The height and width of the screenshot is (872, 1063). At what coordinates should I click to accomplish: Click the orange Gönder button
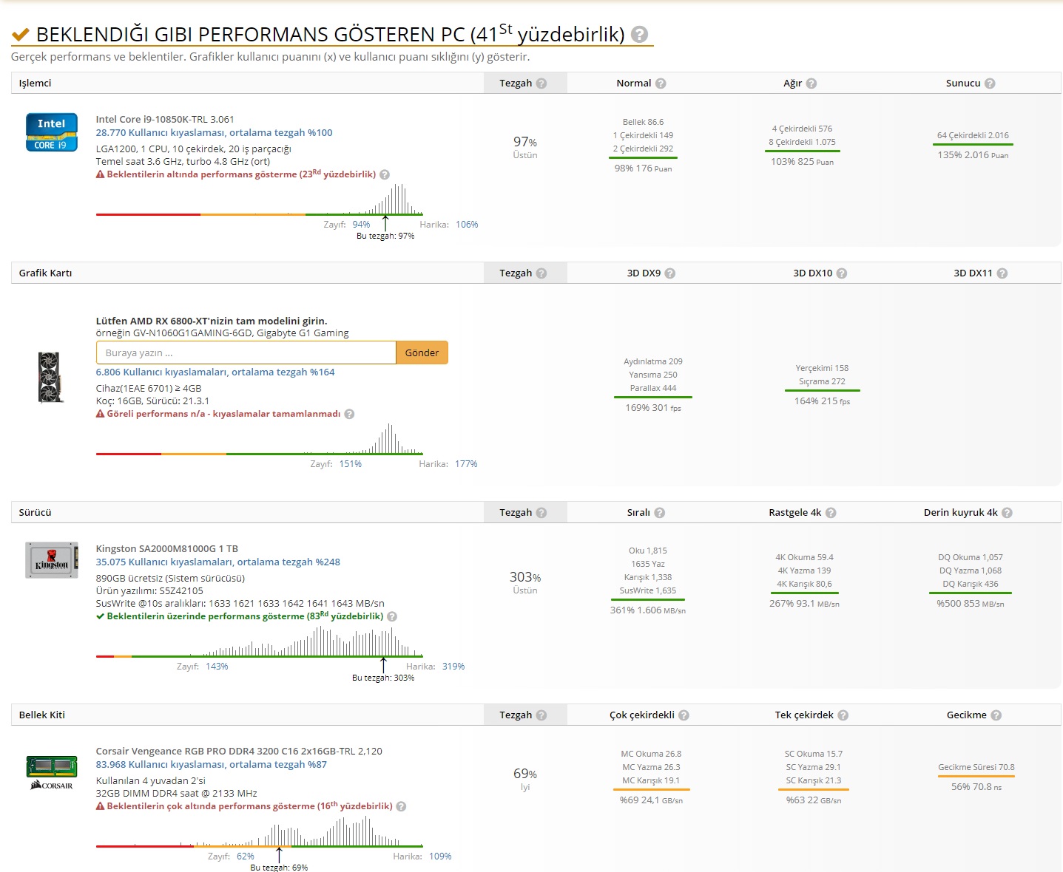[422, 352]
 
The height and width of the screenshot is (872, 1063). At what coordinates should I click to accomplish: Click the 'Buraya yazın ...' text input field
[246, 352]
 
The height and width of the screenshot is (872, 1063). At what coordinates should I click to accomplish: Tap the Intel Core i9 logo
[52, 132]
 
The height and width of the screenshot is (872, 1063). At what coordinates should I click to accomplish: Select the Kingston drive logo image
[52, 560]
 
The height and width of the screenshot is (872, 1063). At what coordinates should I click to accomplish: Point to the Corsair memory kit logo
[52, 772]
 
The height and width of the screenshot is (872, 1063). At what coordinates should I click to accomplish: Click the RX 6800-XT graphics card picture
[51, 377]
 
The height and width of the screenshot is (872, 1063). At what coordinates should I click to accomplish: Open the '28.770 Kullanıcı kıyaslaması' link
[214, 133]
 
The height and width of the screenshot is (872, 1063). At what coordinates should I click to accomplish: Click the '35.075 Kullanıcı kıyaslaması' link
[217, 562]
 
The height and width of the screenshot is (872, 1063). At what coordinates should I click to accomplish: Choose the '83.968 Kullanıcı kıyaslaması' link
[211, 765]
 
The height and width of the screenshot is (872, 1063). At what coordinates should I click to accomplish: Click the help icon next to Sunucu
[990, 84]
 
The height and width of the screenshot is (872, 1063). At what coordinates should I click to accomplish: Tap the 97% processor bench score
[525, 142]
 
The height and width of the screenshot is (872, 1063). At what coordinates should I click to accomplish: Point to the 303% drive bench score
[525, 577]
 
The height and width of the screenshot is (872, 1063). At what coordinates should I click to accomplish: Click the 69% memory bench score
[525, 774]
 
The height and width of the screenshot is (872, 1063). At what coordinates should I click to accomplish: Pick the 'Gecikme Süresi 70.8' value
[976, 767]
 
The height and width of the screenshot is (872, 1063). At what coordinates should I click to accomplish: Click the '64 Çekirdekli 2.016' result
[973, 135]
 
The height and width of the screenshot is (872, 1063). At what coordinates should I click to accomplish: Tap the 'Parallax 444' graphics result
[653, 388]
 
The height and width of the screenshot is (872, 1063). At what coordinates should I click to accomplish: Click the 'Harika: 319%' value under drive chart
[453, 667]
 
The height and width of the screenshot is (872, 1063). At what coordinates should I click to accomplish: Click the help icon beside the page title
[640, 34]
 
